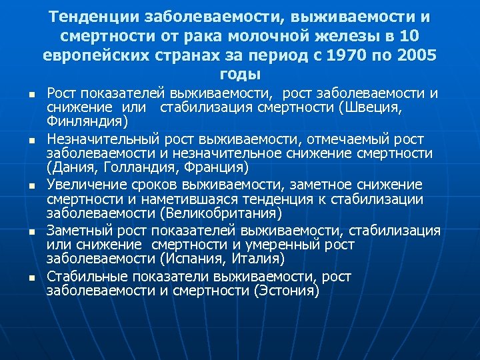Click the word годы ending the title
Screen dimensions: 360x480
coord(240,73)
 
